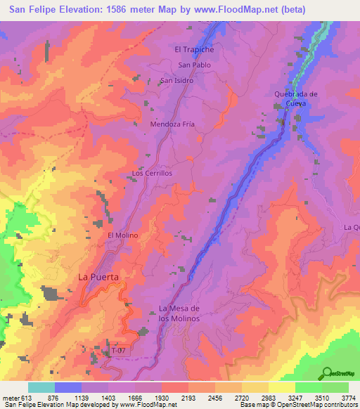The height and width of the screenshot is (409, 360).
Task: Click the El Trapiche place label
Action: pos(194,49)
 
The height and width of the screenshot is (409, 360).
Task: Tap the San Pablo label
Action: pos(193,65)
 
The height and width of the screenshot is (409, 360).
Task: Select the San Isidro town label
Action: pos(177,80)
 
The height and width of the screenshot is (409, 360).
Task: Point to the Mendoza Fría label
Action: pos(172,124)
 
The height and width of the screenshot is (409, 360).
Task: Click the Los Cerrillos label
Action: pos(152,172)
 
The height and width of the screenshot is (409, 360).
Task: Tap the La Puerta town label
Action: pos(99,277)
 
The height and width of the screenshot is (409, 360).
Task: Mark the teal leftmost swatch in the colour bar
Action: pos(41,387)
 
